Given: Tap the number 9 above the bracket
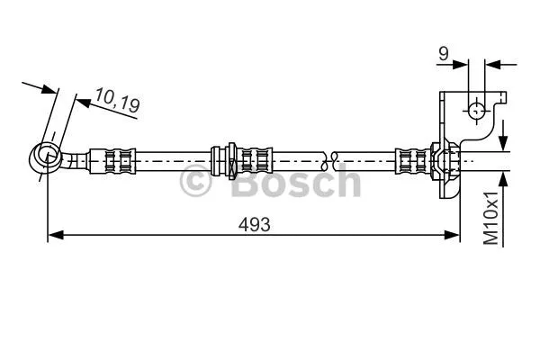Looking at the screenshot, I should tap(443, 54).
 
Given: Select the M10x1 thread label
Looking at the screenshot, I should tap(490, 217).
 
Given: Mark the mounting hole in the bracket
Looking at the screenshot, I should tap(476, 111).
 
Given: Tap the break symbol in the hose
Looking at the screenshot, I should tap(334, 160).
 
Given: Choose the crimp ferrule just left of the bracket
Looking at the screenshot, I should tap(412, 160).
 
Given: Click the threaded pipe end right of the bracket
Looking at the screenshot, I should tap(486, 160).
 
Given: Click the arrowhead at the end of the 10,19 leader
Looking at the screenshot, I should tap(80, 102).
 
